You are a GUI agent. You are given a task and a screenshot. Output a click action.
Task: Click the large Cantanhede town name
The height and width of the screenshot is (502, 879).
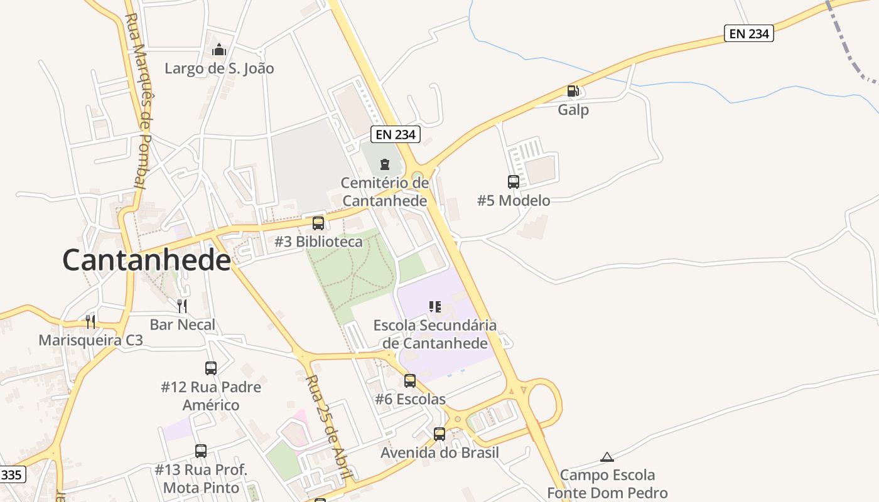tap(146, 260)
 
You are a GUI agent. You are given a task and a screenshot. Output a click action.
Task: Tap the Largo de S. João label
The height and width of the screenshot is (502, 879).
tap(219, 68)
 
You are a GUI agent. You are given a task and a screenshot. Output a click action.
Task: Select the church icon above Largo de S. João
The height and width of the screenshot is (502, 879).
tap(219, 49)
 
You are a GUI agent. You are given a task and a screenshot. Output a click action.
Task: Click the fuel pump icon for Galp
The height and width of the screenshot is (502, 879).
tap(573, 91)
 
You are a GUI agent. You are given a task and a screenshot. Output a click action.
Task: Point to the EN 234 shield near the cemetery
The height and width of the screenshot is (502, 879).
tap(395, 134)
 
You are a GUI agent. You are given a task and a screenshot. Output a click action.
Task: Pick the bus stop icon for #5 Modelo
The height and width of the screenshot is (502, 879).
tap(513, 182)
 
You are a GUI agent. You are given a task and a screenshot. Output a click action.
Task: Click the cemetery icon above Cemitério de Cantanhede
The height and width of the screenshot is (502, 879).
tap(385, 164)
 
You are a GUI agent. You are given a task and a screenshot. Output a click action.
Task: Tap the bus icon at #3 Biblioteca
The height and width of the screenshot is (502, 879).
tap(318, 223)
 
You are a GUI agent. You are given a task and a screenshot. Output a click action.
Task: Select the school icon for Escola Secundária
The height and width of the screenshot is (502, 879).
tap(434, 307)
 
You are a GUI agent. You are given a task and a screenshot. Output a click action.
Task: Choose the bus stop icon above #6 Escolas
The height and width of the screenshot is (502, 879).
tap(410, 380)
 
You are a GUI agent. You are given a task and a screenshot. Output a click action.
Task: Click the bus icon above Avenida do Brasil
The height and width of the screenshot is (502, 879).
tap(439, 434)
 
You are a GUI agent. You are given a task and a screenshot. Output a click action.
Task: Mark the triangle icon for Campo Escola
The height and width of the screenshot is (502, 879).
tap(607, 457)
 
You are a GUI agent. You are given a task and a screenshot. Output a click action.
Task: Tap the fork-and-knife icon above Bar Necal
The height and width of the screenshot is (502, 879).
tap(182, 306)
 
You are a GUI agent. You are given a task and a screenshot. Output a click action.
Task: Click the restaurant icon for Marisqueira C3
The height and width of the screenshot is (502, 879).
tap(90, 322)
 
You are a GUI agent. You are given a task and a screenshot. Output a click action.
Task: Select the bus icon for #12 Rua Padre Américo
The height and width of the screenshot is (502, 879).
tap(211, 368)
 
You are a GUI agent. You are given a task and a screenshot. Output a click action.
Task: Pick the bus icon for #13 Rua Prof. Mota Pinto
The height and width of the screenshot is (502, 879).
tap(201, 451)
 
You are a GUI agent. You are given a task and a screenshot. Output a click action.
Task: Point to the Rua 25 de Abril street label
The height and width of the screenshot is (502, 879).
tap(327, 427)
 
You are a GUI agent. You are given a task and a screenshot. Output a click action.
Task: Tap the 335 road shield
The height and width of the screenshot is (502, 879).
tap(11, 474)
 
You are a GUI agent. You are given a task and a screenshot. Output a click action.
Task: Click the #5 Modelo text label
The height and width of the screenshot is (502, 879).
tap(514, 201)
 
